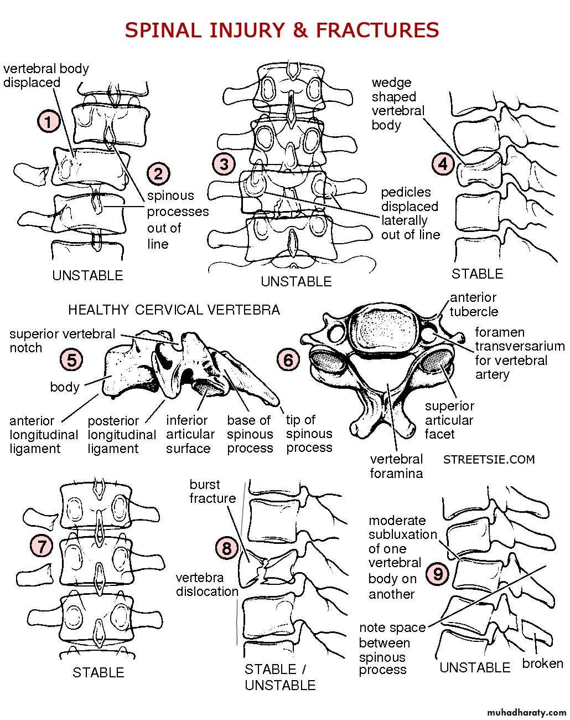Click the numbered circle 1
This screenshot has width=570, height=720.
pos(49,121)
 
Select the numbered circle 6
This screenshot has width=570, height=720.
pos(288,361)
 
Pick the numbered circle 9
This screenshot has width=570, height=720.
pos(437,574)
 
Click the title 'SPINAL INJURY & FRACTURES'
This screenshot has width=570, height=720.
pos(282,29)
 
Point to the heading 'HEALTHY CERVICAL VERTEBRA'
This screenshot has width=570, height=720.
pos(174,310)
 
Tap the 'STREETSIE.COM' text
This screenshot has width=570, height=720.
pos(489,459)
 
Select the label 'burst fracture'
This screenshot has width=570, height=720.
pos(213,492)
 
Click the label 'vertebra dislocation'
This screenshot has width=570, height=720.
pos(207,584)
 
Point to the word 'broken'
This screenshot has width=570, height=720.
pos(542,664)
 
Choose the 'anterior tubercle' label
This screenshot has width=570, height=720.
pos(474,305)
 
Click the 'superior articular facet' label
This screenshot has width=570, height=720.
pos(449,420)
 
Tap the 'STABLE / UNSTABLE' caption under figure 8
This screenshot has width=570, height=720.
pos(280,677)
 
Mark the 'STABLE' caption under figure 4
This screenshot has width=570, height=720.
pos(478,274)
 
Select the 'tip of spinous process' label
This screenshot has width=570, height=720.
pos(309,434)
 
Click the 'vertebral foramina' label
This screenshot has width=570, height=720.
pos(396,466)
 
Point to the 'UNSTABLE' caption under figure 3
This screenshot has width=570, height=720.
pos(296,281)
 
